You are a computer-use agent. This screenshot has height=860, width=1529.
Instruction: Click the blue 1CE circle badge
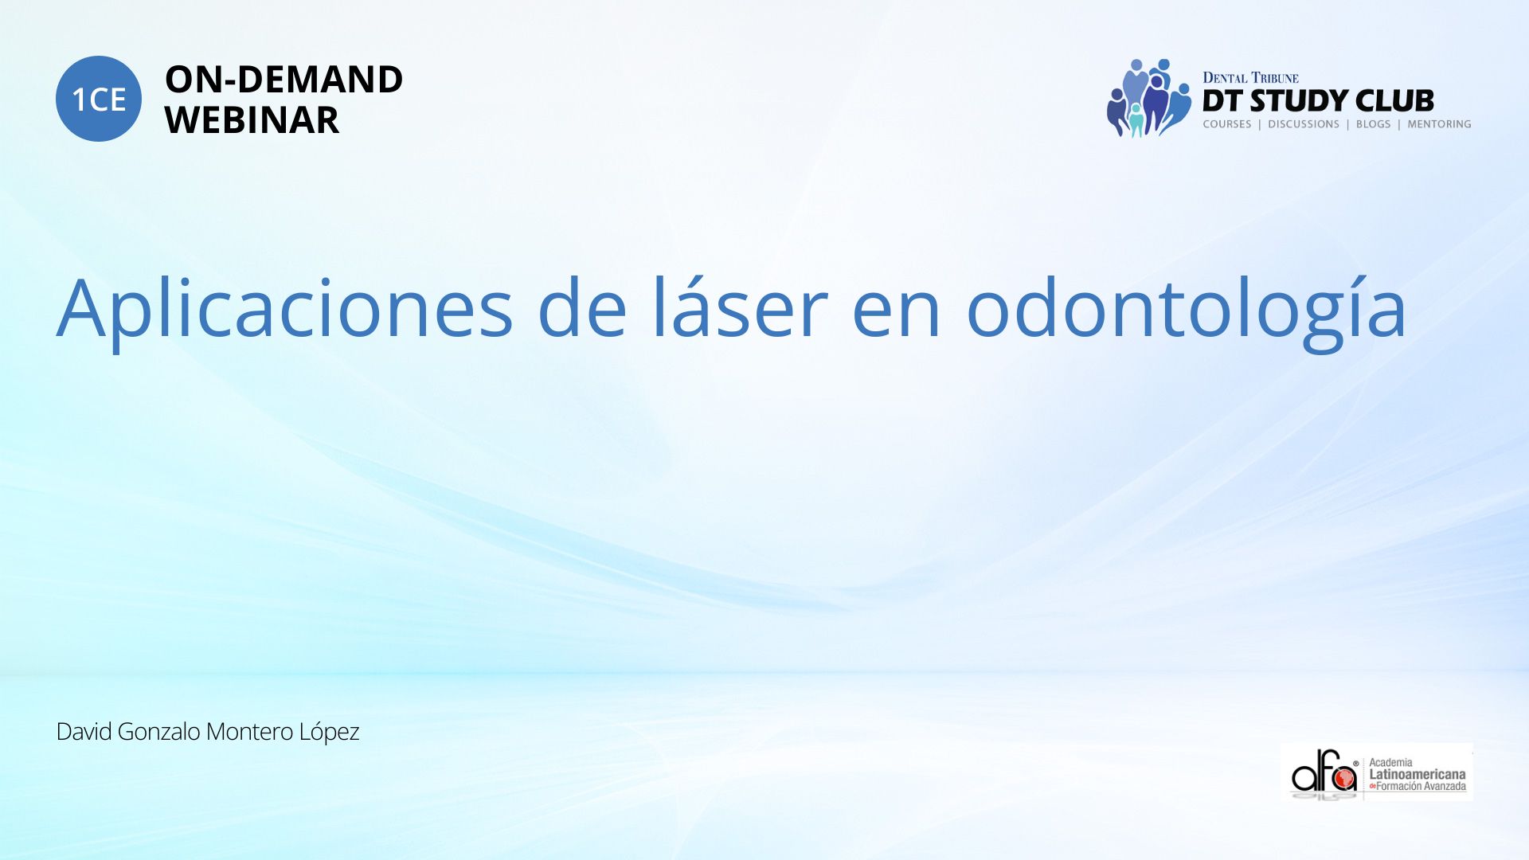[99, 99]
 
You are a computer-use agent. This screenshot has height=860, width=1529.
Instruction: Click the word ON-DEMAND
[284, 80]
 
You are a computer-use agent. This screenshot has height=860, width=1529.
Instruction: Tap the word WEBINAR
[252, 120]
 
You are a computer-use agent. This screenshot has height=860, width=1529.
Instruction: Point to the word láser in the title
[741, 306]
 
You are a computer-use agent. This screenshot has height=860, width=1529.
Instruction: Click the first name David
[84, 731]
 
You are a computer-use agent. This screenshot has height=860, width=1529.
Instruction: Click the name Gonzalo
[158, 731]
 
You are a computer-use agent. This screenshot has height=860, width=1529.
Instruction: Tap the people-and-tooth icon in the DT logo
[1148, 98]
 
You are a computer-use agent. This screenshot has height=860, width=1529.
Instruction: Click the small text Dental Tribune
[1250, 78]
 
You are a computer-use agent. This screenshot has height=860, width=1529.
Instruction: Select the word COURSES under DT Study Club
[1226, 124]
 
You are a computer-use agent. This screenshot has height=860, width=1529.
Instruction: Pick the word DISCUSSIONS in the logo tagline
[1304, 124]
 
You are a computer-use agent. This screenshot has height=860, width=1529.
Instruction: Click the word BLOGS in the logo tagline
[1373, 124]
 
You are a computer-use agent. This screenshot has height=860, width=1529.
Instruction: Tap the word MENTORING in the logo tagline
[1439, 124]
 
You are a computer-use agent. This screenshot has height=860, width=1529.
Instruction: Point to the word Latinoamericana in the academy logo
[1417, 774]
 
